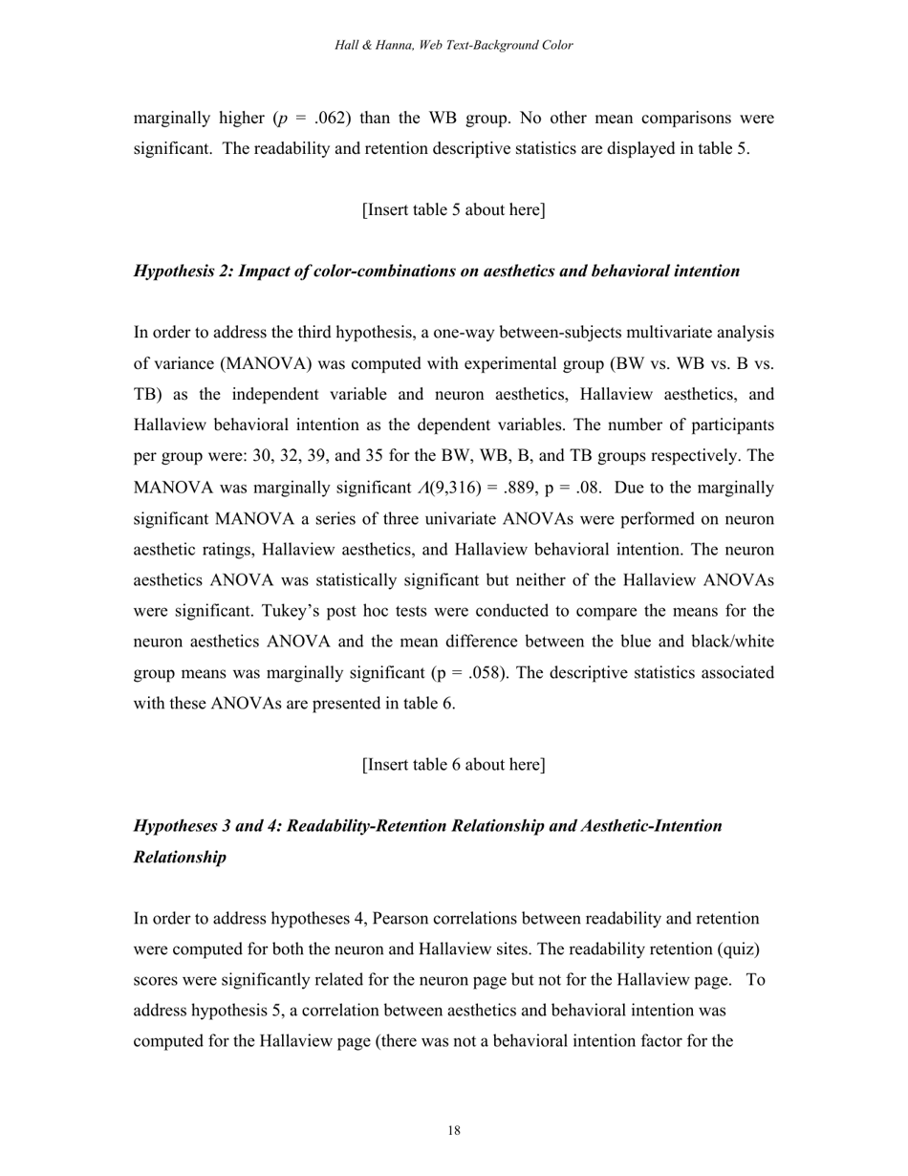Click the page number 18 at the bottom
454,1131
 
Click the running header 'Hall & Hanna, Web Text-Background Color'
454,45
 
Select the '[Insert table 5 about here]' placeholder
454,209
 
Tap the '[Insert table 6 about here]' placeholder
454,765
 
